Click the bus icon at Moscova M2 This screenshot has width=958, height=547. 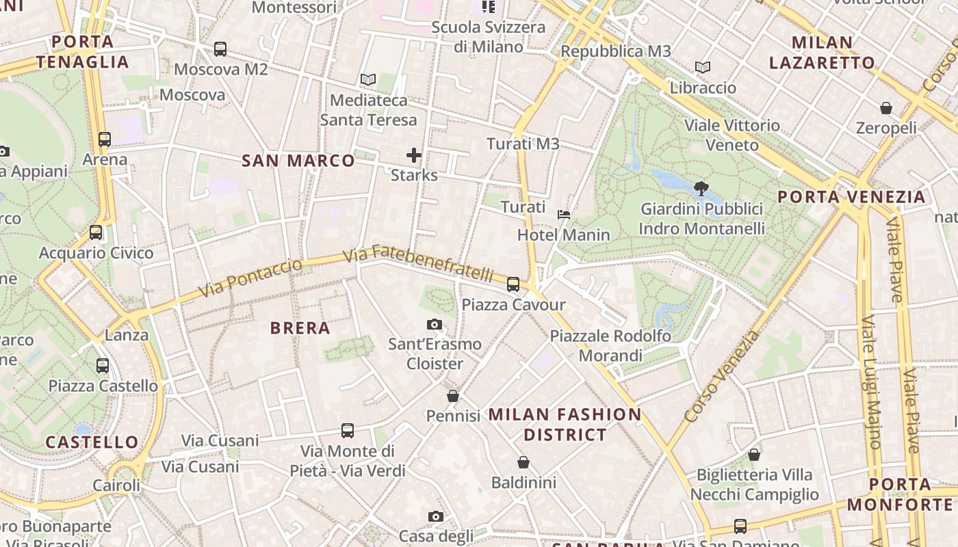[x=220, y=49]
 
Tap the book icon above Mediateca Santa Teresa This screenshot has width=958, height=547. [x=368, y=79]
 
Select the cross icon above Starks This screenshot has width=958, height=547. [x=414, y=155]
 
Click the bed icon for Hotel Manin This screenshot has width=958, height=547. [x=564, y=214]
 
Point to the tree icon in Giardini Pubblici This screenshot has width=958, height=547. [x=701, y=188]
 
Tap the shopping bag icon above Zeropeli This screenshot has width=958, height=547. [x=886, y=108]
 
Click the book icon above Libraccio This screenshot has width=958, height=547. [x=703, y=67]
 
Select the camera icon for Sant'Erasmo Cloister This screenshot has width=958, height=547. [x=434, y=325]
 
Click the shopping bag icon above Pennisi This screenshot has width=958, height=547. [x=453, y=396]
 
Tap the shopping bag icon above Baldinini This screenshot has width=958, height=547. [x=523, y=463]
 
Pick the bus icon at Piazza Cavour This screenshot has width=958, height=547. [x=513, y=284]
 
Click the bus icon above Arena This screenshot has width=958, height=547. [x=105, y=139]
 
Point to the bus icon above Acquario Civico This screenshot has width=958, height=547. [x=96, y=232]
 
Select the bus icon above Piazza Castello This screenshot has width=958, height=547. [x=103, y=366]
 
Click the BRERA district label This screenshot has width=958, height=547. [x=300, y=328]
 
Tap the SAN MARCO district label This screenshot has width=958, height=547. [x=298, y=161]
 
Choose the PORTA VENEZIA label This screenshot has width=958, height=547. [x=851, y=197]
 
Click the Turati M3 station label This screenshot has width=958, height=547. [x=523, y=144]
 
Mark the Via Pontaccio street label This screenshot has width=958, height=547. [x=250, y=279]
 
